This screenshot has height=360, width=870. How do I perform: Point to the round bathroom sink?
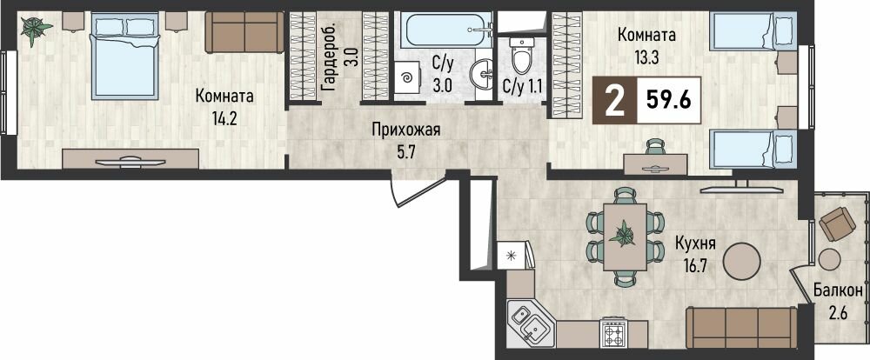pos(480,74)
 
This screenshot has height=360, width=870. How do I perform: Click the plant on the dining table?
pos(624,233)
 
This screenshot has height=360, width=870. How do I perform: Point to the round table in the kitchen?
pos(748,259)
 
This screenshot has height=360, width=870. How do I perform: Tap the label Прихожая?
pos(406,130)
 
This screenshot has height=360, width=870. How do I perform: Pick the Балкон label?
pos(838,290)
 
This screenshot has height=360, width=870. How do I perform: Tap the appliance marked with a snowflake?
pos(512,255)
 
